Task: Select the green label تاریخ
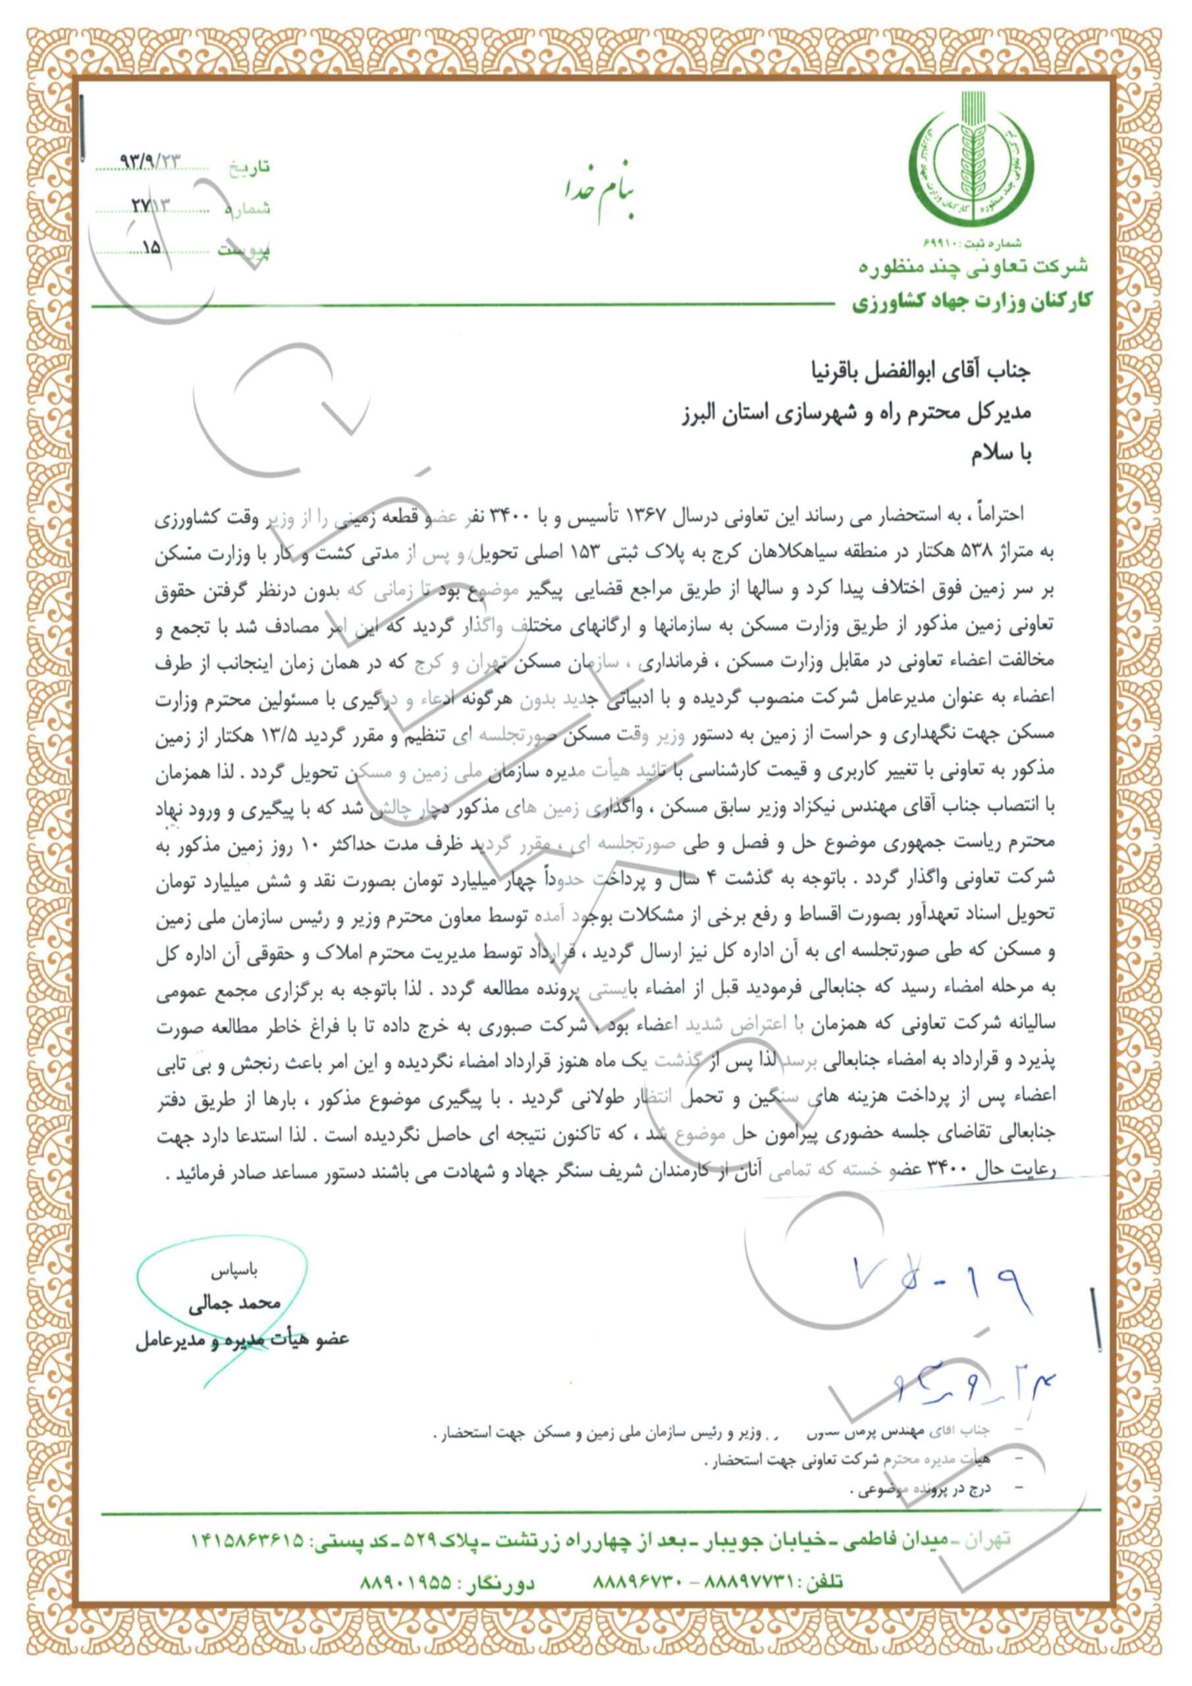tap(250, 167)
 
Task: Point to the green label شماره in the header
tap(248, 209)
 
